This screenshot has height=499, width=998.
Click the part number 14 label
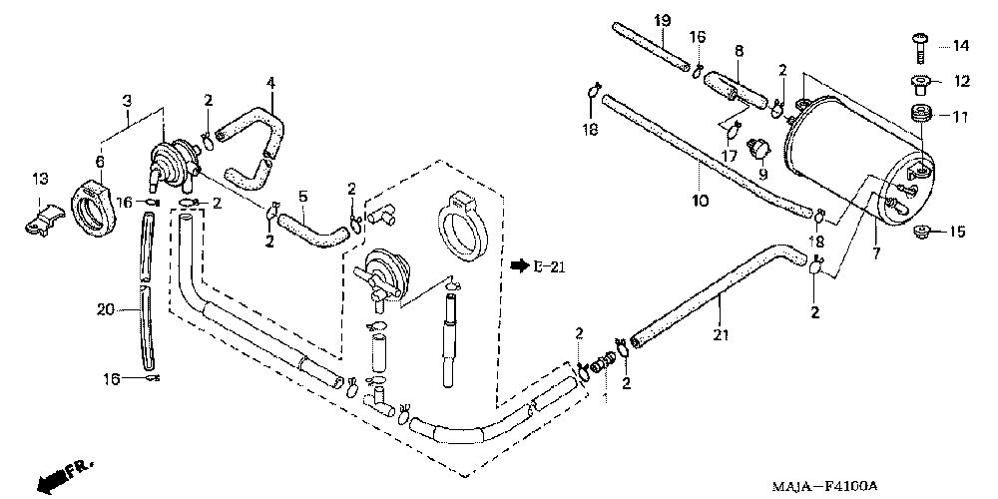(960, 46)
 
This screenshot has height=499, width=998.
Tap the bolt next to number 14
(918, 44)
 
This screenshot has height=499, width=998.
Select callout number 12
(960, 81)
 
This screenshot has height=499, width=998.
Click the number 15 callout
(957, 233)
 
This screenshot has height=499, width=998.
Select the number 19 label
(661, 20)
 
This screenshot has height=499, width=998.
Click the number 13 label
(39, 179)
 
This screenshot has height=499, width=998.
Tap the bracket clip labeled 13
(43, 218)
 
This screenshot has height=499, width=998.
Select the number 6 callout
(100, 161)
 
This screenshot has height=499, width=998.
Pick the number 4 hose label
(268, 82)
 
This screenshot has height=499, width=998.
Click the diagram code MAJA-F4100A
(824, 485)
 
